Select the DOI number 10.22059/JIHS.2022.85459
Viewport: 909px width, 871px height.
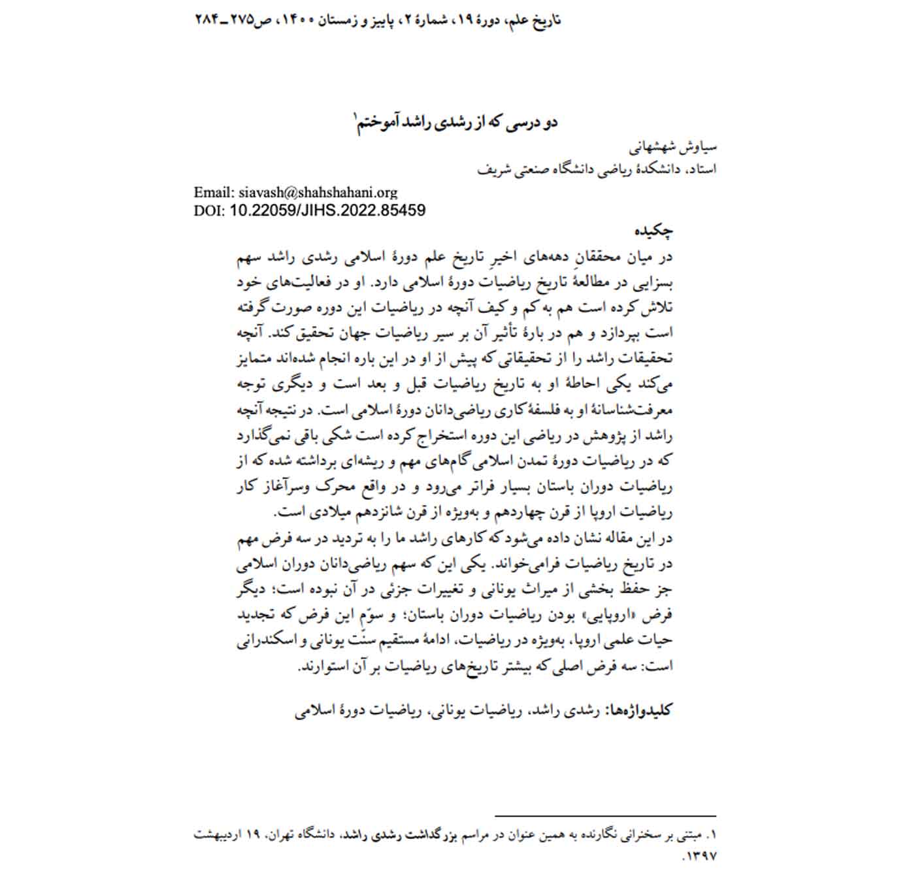[x=328, y=210]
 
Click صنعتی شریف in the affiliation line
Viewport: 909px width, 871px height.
[x=517, y=169]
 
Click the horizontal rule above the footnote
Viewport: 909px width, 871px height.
[x=605, y=816]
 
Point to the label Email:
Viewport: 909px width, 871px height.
[x=214, y=193]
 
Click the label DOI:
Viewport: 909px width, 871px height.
[x=209, y=210]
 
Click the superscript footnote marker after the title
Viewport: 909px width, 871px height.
[x=355, y=117]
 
